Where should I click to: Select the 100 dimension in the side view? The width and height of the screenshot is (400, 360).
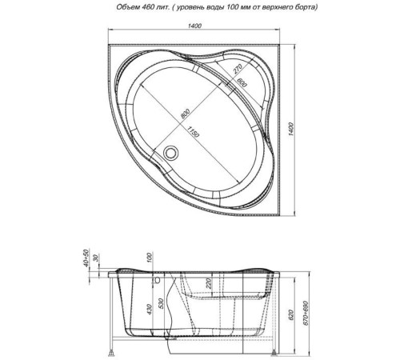click(x=149, y=258)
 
